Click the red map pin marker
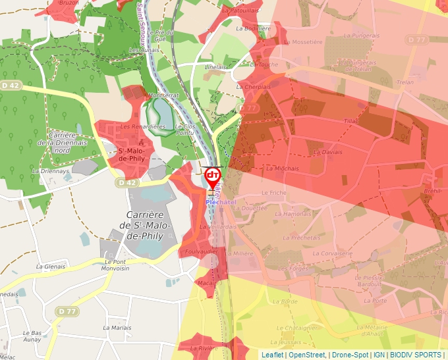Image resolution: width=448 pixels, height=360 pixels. click(x=213, y=176)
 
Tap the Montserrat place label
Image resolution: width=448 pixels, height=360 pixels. click(x=164, y=95)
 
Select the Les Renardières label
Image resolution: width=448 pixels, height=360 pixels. click(x=142, y=126)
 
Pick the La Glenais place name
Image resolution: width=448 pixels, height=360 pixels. click(x=51, y=267)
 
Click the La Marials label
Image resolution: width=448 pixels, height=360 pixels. click(x=117, y=328)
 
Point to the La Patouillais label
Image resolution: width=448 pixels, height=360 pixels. click(x=240, y=11)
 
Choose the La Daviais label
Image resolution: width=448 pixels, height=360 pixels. click(x=327, y=152)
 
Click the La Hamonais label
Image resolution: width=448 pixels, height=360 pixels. click(x=293, y=214)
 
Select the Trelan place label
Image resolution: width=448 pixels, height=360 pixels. click(x=405, y=82)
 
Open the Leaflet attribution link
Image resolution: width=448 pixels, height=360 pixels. click(x=272, y=355)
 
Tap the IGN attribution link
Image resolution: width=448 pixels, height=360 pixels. click(x=379, y=355)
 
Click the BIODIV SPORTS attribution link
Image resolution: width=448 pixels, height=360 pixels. click(x=415, y=355)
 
